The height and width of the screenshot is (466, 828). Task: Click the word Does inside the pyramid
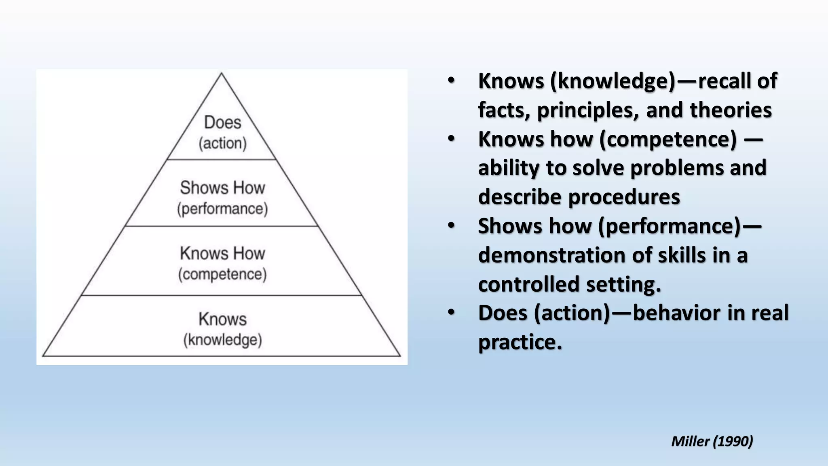coord(222,122)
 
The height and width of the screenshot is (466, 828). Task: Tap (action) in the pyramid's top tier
coord(222,143)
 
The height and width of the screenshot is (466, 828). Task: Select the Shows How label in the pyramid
coord(222,188)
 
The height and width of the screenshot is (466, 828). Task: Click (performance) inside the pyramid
coord(222,209)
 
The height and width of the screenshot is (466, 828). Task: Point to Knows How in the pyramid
coord(222,254)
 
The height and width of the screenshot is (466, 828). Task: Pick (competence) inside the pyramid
coord(222,274)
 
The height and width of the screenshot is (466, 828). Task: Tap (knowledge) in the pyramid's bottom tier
coord(222,340)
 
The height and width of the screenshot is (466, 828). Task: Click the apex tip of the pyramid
coord(221,74)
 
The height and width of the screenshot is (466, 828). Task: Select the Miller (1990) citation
coord(712,441)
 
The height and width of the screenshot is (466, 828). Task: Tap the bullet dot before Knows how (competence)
coord(451,138)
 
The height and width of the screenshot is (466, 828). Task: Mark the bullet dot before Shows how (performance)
coord(451,225)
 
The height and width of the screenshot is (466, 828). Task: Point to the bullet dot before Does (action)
coord(451,312)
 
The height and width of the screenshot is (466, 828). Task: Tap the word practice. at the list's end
coord(520,342)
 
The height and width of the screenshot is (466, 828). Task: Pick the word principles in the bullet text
coord(588,110)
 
